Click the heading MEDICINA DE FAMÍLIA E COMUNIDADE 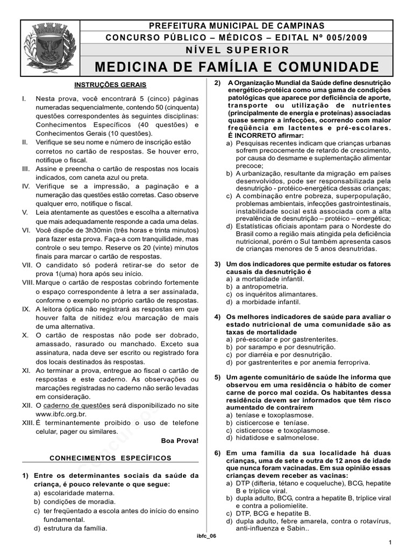237,67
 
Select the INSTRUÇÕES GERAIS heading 110,85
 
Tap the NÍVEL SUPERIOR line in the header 237,50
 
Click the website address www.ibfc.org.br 60,415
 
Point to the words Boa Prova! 180,440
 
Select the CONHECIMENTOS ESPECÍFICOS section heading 110,458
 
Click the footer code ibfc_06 206,537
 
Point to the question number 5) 217,378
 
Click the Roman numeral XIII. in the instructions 28,423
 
